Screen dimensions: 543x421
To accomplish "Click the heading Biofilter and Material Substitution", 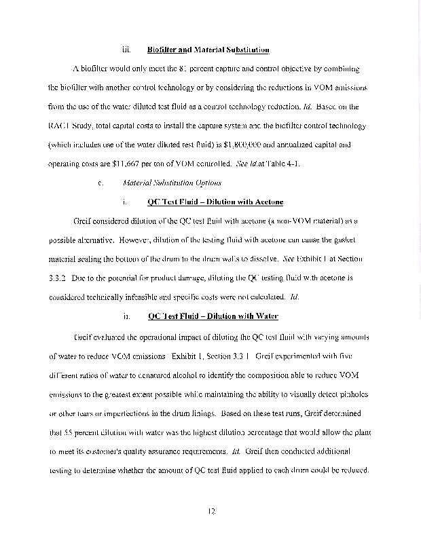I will click(x=208, y=50).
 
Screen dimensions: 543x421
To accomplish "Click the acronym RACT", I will click(x=62, y=126).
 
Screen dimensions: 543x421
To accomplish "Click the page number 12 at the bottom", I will click(x=211, y=520).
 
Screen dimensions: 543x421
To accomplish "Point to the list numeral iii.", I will click(x=126, y=50).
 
